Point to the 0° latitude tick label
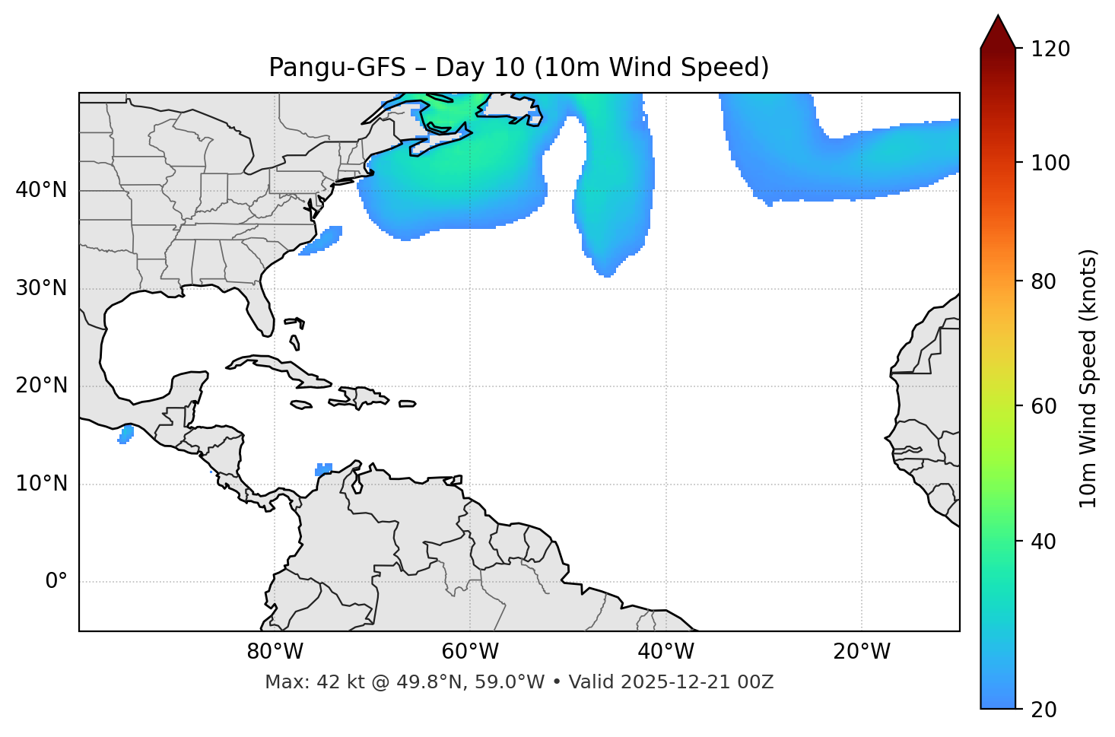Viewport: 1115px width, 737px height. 56,582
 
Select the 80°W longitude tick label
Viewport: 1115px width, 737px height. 275,652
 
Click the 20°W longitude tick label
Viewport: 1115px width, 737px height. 862,652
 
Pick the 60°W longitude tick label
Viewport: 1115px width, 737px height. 470,652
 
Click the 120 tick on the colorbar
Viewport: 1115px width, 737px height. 1050,49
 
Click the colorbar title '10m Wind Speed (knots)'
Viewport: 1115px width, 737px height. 1088,378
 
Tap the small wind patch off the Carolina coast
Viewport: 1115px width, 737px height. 322,239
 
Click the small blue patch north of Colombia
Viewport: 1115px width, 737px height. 324,469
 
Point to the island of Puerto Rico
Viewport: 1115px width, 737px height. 408,404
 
